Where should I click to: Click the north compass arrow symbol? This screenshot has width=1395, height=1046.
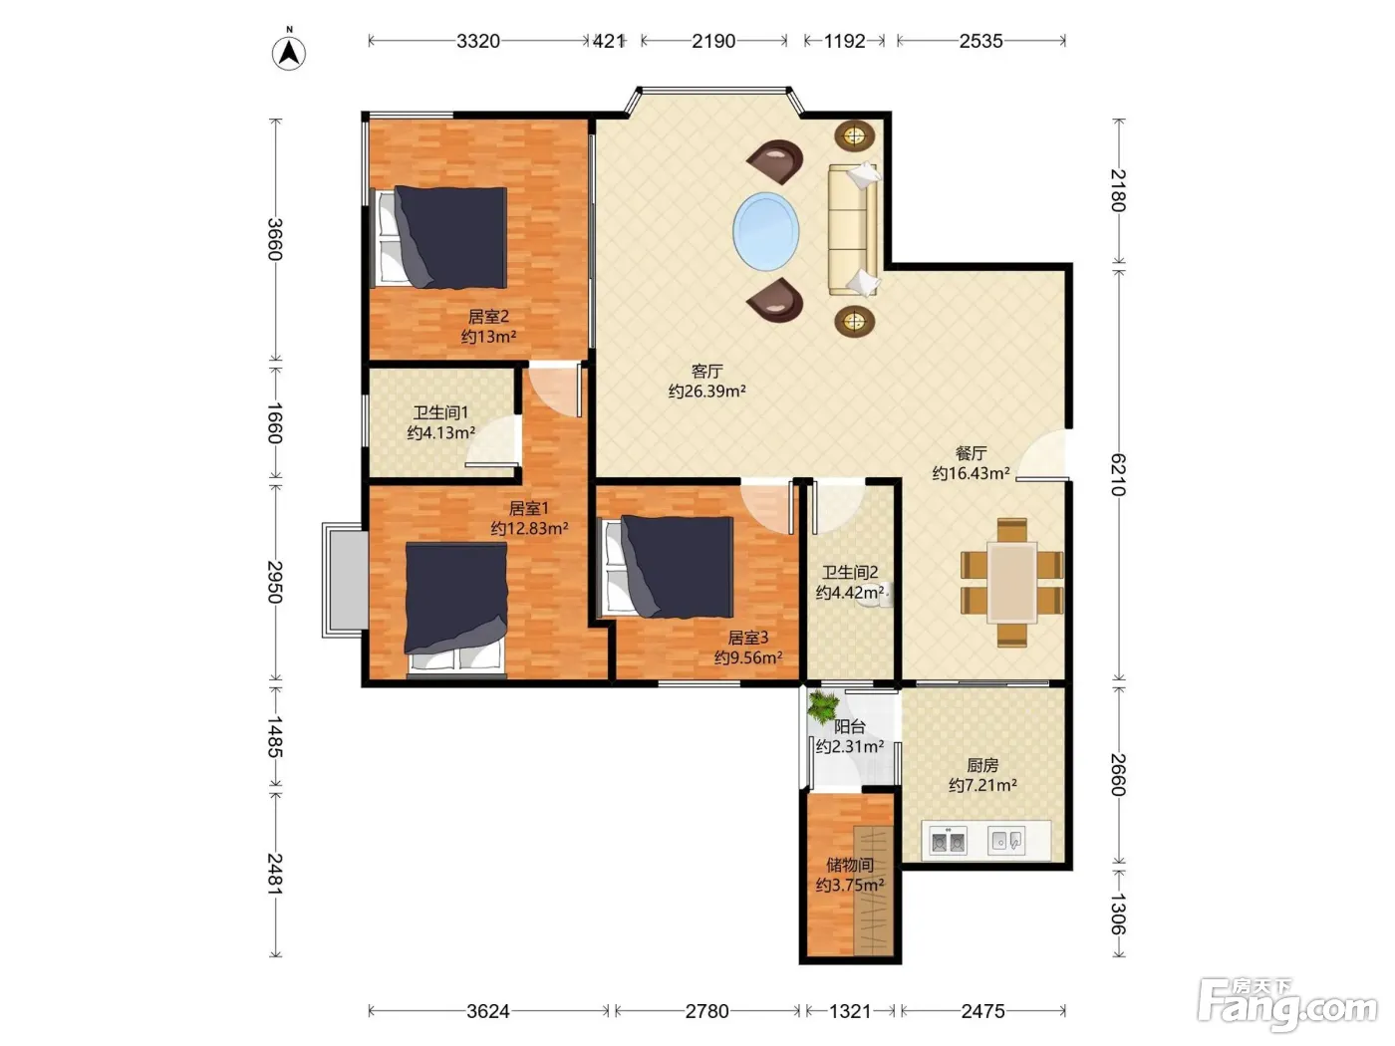289,52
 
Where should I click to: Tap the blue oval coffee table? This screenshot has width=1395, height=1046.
765,231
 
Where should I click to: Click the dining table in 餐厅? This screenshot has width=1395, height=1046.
1011,582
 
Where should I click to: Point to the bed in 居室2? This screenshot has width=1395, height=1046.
439,236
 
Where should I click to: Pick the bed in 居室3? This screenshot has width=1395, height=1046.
667,567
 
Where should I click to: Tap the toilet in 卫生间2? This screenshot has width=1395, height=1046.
876,595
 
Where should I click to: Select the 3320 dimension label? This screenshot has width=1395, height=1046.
478,41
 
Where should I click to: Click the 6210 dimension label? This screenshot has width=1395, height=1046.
1118,474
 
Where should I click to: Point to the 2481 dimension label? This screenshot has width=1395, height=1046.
275,874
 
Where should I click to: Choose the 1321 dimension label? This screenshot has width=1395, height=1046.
850,1011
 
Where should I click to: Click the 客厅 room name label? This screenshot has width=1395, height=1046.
706,371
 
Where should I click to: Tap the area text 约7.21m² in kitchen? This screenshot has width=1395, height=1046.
982,786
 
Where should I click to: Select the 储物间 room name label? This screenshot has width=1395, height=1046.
850,865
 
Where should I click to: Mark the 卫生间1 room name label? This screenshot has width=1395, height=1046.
440,412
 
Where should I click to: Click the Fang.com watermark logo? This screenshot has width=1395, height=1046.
1287,1005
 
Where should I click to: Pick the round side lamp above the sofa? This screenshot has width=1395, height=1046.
854,135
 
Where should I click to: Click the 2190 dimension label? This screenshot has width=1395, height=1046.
713,41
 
